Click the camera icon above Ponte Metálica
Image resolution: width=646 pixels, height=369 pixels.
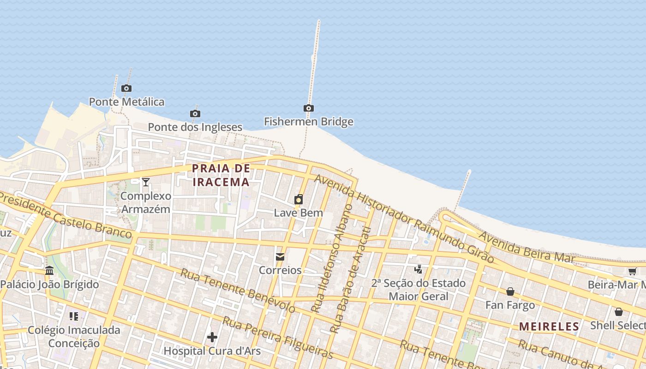(126, 88)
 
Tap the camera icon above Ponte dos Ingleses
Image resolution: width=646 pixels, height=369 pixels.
(195, 113)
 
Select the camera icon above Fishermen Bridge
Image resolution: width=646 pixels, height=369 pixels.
(309, 108)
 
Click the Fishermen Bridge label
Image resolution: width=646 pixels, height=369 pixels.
(309, 122)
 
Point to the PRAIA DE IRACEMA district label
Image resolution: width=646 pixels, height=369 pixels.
(221, 175)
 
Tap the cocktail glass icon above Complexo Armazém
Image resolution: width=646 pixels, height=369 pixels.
(146, 182)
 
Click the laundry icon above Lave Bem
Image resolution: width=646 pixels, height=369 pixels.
(299, 199)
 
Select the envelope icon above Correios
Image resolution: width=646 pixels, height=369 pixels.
(280, 257)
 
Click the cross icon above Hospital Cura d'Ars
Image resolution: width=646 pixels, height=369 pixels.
(212, 338)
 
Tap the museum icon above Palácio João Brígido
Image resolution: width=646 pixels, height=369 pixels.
(49, 271)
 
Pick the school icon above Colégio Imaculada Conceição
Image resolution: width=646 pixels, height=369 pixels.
(74, 316)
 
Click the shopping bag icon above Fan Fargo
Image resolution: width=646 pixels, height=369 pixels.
(510, 292)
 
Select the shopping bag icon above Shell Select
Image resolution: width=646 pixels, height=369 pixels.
(618, 312)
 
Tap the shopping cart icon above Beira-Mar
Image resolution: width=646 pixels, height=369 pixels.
(632, 271)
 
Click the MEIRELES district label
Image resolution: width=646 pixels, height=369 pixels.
(549, 327)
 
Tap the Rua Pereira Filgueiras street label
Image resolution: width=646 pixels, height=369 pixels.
(278, 337)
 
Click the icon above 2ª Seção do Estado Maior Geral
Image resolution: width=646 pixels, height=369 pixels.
(419, 269)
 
